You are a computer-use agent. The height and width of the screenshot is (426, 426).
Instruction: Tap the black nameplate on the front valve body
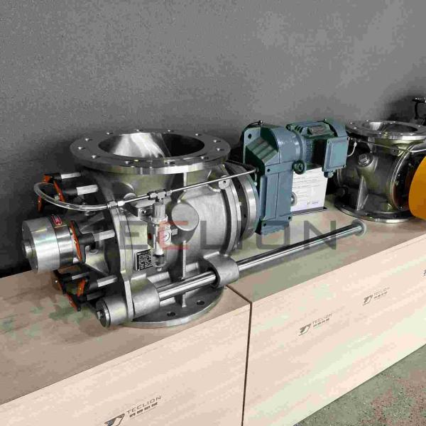point(145,259)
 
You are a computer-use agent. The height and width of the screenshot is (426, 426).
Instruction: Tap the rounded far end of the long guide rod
point(359,227)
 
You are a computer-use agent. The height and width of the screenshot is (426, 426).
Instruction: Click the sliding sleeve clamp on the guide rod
point(221,272)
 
